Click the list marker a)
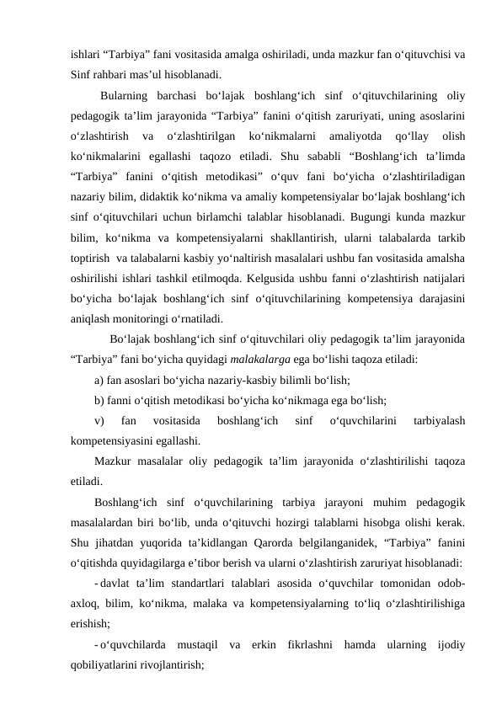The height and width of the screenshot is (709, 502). coord(100,380)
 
